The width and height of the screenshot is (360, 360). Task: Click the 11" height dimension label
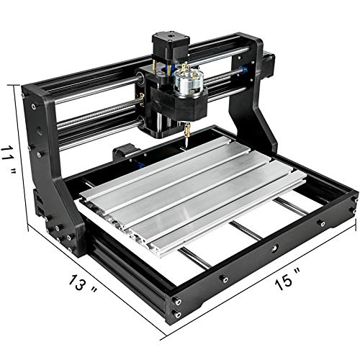[x=9, y=160]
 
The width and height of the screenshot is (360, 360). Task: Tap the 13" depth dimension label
[x=83, y=285]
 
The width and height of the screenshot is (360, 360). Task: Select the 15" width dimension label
[x=287, y=279]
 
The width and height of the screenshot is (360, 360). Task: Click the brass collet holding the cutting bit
[x=187, y=129]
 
